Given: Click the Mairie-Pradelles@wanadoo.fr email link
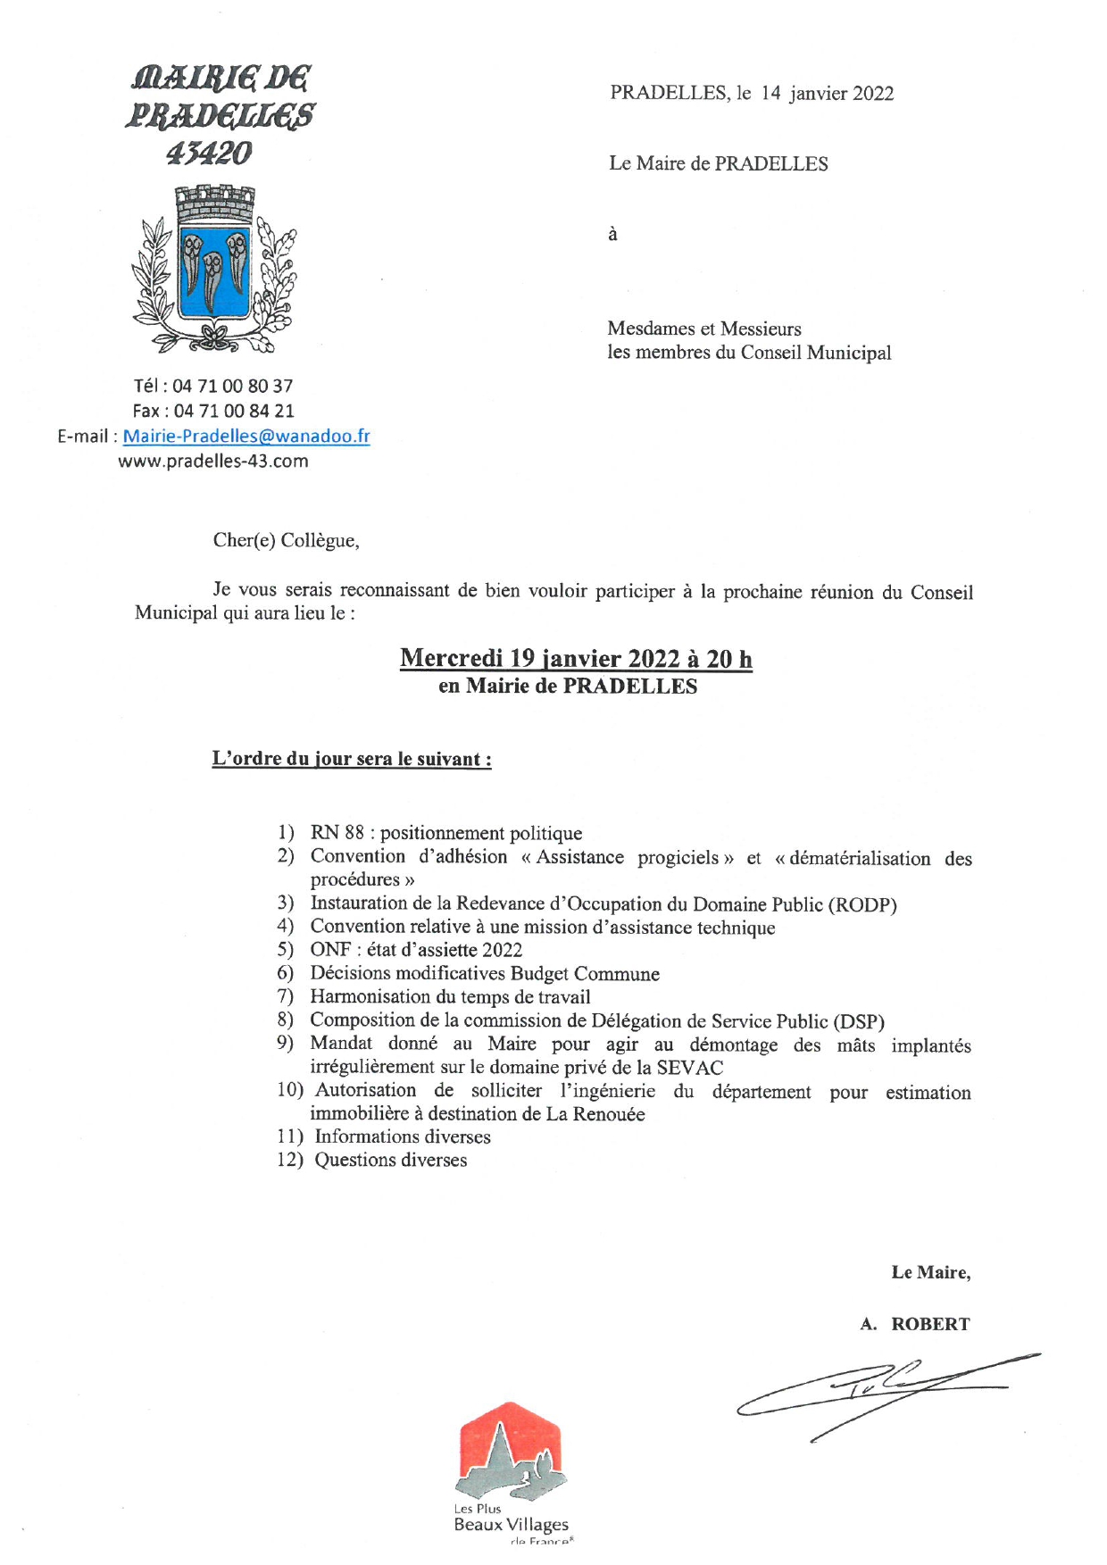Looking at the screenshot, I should (246, 437).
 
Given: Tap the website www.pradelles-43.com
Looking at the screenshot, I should (213, 462).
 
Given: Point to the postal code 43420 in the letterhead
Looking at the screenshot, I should (209, 154).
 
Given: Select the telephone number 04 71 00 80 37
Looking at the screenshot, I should (232, 387).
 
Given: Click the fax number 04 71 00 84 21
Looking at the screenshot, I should (233, 412).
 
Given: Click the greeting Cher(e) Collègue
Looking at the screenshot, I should (286, 540).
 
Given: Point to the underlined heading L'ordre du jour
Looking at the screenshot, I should (351, 759).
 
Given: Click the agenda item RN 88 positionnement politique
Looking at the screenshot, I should (445, 833).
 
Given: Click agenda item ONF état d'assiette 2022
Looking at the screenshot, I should (416, 950).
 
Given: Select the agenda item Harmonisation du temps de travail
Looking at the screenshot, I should (450, 996).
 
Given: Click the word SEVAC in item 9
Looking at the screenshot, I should (689, 1067).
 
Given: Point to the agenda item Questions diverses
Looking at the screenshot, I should (390, 1160).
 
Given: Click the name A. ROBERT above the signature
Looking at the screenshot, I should (914, 1324).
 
